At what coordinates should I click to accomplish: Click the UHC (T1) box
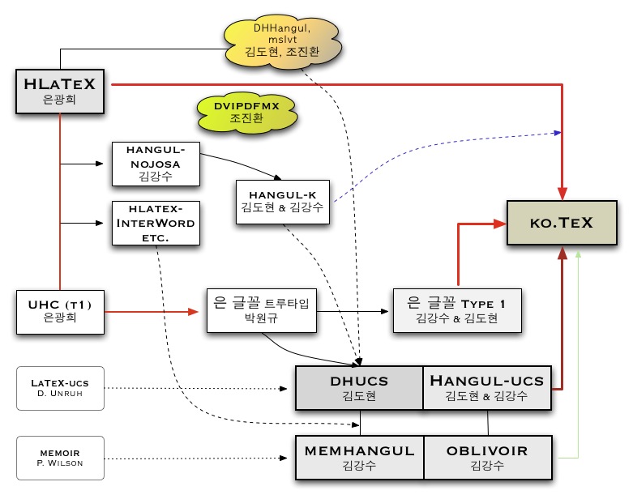[x=62, y=309]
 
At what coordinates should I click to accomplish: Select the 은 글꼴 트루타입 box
[x=260, y=309]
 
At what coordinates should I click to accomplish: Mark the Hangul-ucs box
[x=487, y=387]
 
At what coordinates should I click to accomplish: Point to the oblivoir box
[x=487, y=457]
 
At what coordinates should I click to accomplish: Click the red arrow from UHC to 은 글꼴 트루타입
[x=154, y=309]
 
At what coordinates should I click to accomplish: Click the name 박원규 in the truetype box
[x=260, y=318]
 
